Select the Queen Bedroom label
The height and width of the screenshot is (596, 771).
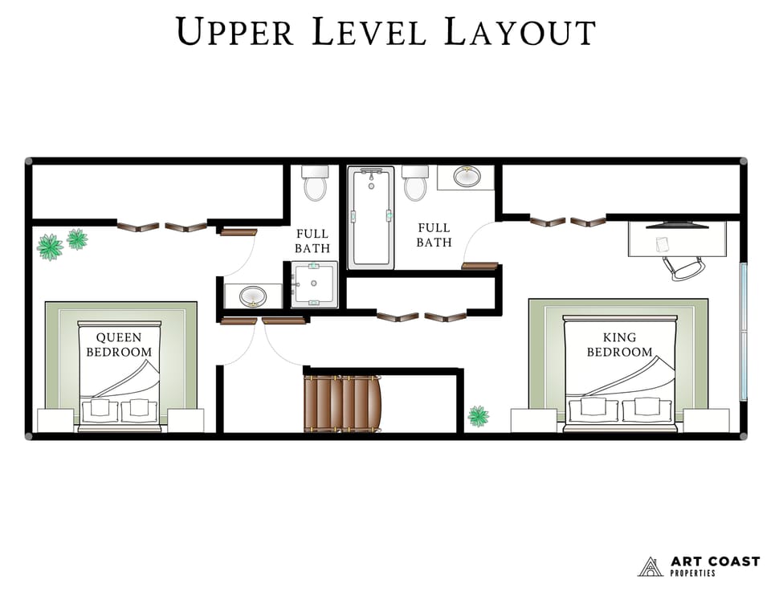click(119, 345)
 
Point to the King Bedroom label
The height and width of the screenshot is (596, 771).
click(619, 345)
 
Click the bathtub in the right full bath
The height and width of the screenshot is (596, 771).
click(371, 216)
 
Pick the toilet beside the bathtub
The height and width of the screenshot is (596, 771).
click(415, 183)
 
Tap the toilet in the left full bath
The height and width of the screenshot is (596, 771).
click(315, 183)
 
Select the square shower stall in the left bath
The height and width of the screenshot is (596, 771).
click(315, 284)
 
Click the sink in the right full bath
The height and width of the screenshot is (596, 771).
click(467, 177)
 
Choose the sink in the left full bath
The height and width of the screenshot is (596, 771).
click(252, 296)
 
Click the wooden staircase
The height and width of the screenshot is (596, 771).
click(341, 403)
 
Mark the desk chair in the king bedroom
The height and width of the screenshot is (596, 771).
click(684, 267)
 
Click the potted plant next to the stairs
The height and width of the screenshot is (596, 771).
click(478, 415)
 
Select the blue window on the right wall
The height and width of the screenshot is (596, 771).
click(743, 331)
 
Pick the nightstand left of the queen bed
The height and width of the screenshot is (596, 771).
click(55, 420)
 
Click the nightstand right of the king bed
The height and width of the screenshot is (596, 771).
click(706, 420)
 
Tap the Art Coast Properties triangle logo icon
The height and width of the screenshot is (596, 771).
click(650, 567)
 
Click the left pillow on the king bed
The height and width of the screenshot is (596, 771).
click(594, 407)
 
